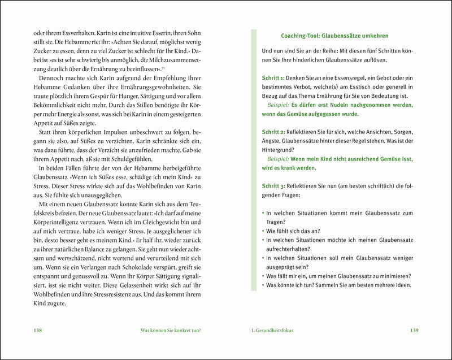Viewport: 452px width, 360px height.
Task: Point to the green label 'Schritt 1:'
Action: [x=274, y=77]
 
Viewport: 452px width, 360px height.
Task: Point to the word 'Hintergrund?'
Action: [x=281, y=150]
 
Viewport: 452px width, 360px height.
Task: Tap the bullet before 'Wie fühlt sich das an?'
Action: [x=263, y=231]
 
